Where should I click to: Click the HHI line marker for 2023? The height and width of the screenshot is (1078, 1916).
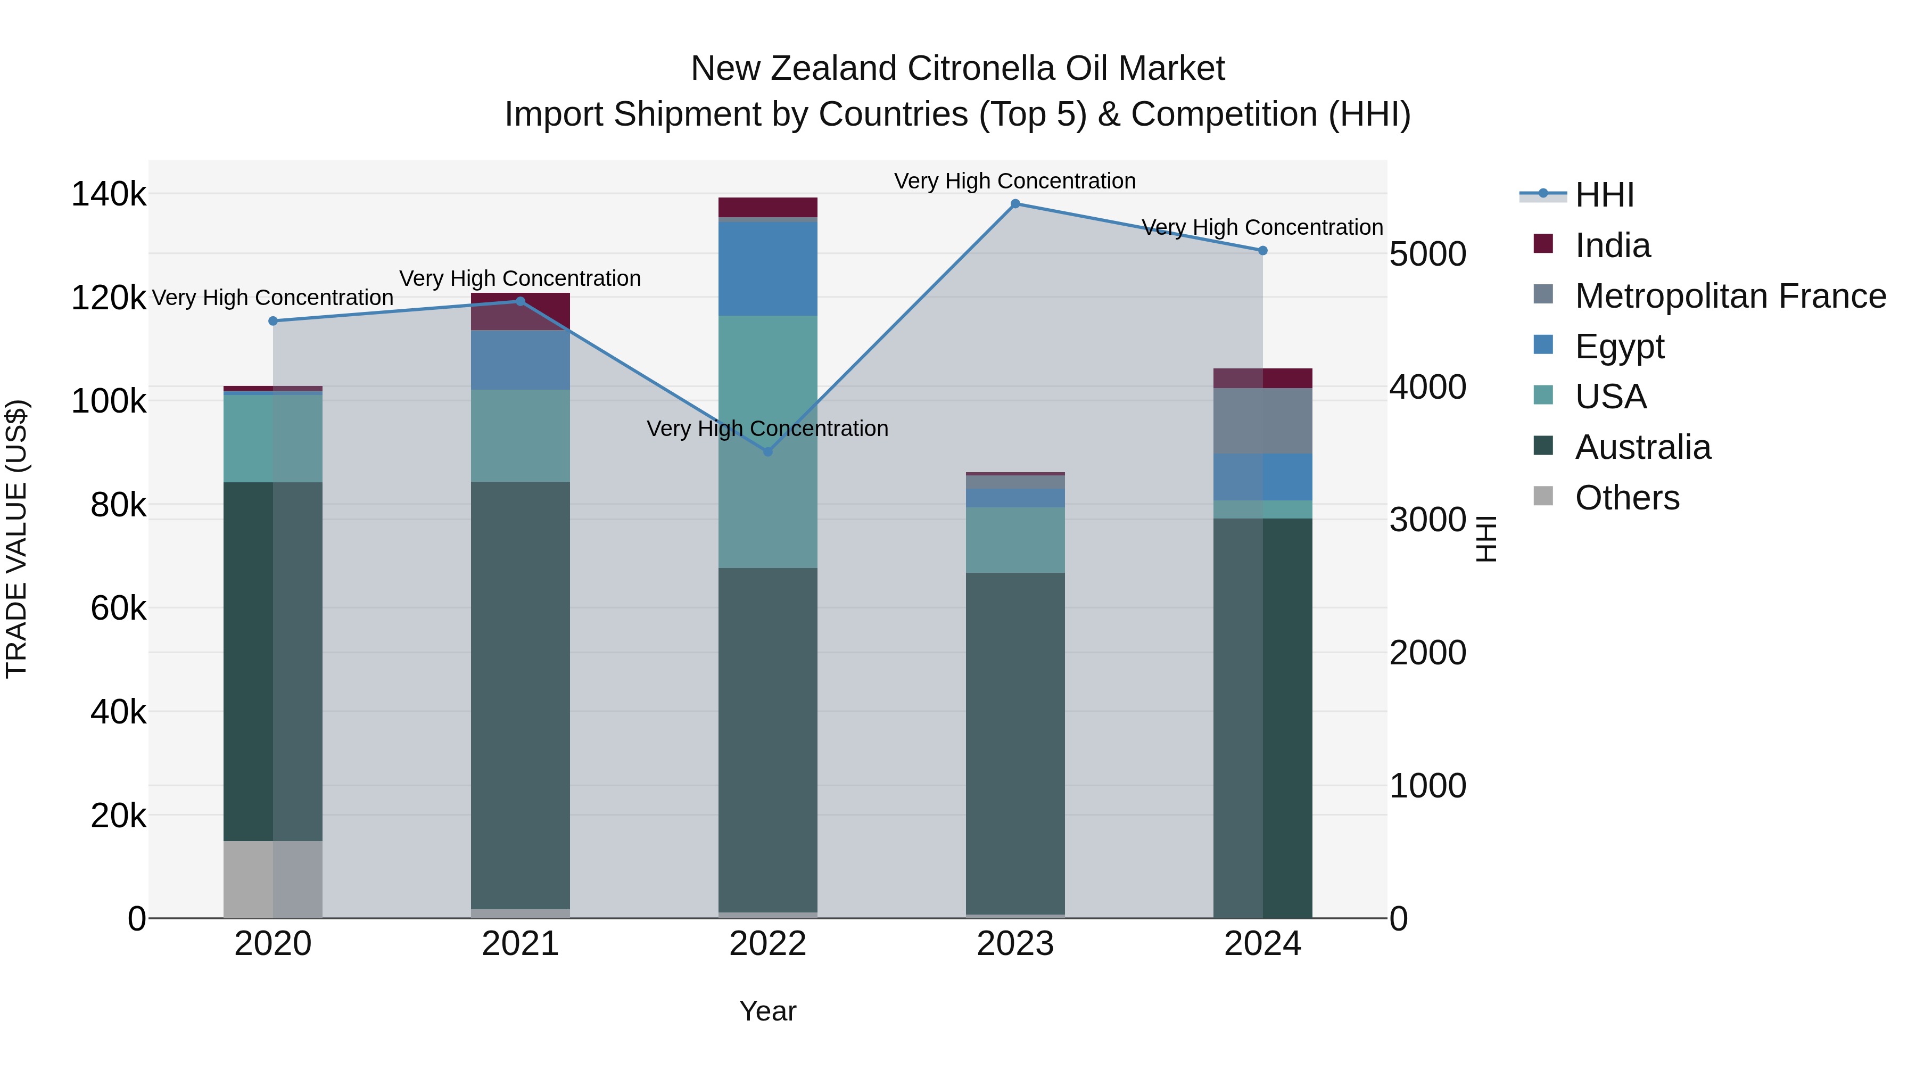(1015, 204)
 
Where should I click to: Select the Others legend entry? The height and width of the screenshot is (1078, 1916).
(1626, 498)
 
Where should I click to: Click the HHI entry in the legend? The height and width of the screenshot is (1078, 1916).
(1604, 195)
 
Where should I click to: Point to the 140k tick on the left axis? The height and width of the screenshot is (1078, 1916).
(109, 194)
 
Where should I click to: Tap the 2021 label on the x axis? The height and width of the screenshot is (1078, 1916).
(520, 944)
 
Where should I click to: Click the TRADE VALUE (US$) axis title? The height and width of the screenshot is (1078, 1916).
(16, 539)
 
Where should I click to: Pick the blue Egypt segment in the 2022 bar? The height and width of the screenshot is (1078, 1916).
(767, 269)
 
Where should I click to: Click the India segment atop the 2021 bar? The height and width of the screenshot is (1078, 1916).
(520, 311)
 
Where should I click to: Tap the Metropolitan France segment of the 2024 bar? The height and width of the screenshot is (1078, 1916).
(1262, 421)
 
